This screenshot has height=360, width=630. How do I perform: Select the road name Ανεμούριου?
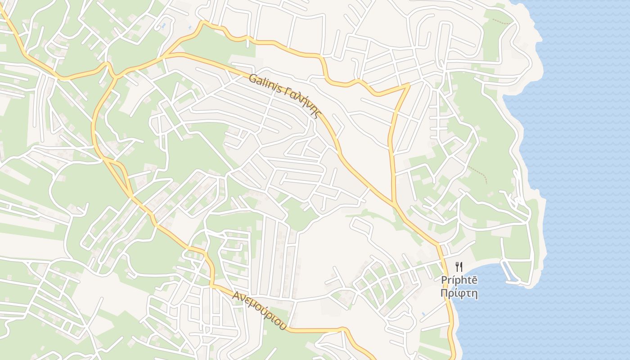260,310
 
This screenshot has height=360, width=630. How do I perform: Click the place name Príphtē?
459,280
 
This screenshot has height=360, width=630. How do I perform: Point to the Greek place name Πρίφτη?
459,294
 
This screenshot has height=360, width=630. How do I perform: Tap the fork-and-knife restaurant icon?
459,266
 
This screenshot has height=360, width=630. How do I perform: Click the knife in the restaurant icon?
461,266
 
